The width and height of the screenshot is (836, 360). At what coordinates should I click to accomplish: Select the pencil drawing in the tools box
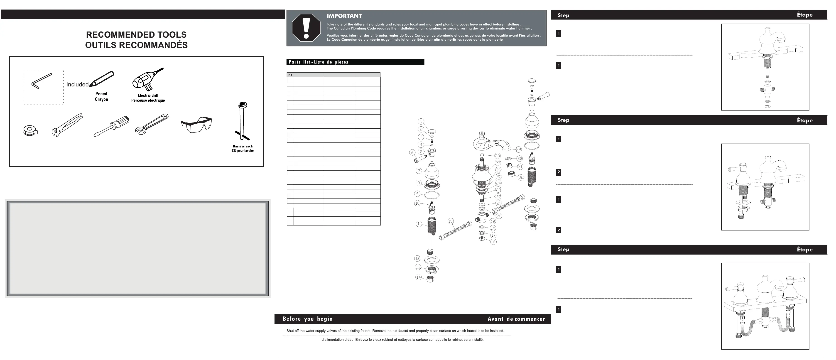click(102, 79)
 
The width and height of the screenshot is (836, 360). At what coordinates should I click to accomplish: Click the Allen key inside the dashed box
click(41, 81)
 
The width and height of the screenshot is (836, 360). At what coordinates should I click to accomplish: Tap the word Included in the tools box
click(77, 84)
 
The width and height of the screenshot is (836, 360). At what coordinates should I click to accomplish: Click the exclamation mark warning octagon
click(306, 28)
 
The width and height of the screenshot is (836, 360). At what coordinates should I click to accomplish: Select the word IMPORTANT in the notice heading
click(344, 16)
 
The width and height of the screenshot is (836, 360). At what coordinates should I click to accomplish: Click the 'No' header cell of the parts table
click(290, 75)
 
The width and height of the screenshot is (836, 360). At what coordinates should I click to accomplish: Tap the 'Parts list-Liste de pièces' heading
click(318, 62)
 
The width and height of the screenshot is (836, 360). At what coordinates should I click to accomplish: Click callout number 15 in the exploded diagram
click(451, 221)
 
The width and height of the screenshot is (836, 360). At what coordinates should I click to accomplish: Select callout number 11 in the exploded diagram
click(419, 224)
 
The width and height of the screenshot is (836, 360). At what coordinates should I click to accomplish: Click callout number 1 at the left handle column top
click(421, 121)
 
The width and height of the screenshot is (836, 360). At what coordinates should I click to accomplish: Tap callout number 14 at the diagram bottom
click(418, 277)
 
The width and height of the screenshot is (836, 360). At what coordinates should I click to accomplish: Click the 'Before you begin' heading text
click(307, 319)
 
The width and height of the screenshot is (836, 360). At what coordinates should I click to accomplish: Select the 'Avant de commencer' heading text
click(516, 319)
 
